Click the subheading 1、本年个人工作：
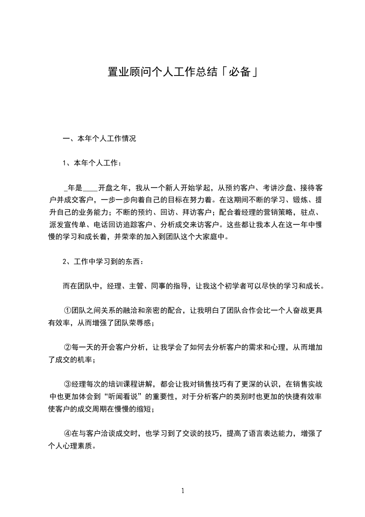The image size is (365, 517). [x=93, y=163]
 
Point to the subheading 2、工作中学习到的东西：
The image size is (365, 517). [x=103, y=262]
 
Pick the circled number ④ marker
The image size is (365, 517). [x=67, y=434]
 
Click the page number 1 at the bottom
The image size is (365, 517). [x=183, y=491]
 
